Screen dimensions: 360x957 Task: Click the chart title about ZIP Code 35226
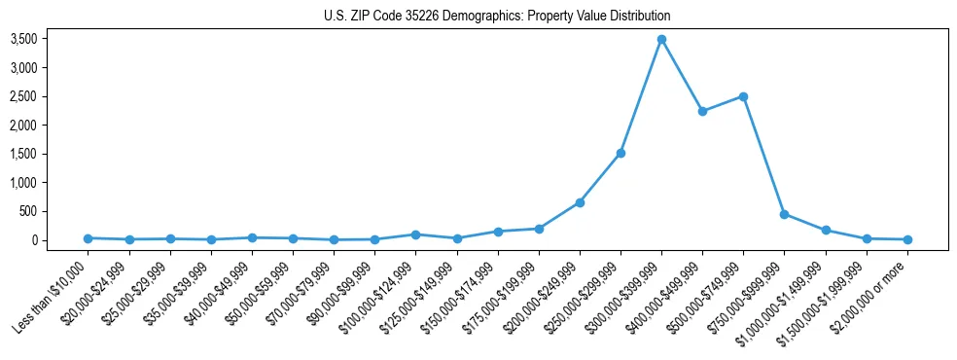point(497,17)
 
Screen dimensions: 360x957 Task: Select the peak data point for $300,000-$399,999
point(661,39)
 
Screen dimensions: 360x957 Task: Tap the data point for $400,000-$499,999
point(702,111)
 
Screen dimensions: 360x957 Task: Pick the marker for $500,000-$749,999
point(743,96)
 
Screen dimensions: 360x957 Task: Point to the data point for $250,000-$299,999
point(620,153)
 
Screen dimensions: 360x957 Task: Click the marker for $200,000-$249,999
point(580,202)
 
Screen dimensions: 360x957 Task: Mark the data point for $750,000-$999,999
point(784,214)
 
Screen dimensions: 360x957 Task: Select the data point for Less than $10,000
point(89,237)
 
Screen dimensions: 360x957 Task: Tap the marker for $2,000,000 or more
point(906,239)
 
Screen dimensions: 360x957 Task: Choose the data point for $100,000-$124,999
point(415,234)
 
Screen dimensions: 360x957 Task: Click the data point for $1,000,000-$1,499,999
point(825,231)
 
